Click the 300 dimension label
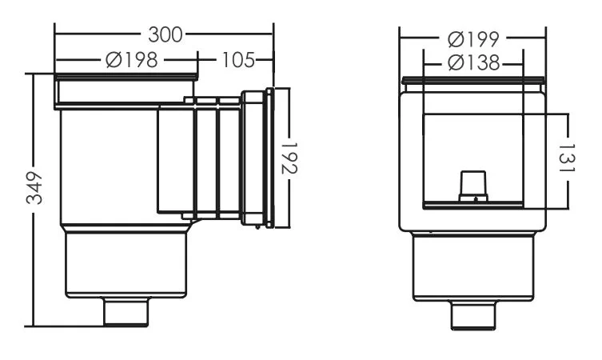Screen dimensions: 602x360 [165, 34]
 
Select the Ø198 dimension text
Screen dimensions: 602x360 [132, 60]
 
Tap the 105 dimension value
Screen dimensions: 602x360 [238, 60]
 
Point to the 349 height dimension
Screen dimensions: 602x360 [34, 188]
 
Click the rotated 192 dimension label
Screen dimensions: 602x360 [289, 158]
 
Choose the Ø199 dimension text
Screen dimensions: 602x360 [473, 39]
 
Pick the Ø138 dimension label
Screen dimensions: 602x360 [473, 62]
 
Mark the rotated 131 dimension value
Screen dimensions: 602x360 [567, 158]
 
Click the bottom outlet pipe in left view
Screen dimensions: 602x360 [126, 312]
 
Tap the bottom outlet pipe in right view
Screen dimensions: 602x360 [473, 315]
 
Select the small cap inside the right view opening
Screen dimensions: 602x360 [473, 186]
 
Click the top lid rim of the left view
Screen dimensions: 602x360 [126, 78]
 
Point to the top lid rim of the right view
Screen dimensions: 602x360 [473, 81]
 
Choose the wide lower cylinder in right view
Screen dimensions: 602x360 [473, 267]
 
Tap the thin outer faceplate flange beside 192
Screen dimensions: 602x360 [270, 158]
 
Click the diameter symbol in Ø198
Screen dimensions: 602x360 [114, 60]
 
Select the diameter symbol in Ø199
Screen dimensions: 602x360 [456, 39]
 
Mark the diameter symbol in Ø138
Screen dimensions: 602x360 [456, 63]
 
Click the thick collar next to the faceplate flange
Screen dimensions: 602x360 [253, 158]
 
